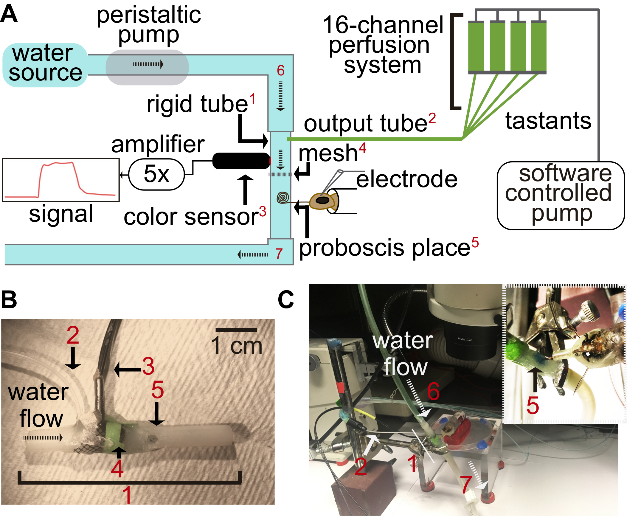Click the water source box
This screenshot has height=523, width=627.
tap(45, 65)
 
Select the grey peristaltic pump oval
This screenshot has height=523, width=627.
tap(147, 67)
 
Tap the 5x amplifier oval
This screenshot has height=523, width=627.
tap(156, 174)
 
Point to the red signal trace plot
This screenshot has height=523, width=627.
tap(60, 180)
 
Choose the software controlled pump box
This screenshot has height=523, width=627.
tap(560, 195)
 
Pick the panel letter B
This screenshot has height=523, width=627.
tap(9, 299)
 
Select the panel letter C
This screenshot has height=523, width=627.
tap(286, 299)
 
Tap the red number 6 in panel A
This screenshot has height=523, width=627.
tap(281, 70)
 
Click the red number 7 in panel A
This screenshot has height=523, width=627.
tap(279, 254)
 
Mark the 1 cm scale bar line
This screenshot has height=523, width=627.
tap(236, 330)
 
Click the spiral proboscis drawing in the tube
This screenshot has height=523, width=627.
tap(283, 197)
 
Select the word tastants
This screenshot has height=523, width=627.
tap(548, 121)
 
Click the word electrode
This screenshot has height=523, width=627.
tap(407, 179)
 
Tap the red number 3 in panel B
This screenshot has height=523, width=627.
tap(148, 366)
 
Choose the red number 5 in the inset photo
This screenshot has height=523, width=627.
tap(533, 406)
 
